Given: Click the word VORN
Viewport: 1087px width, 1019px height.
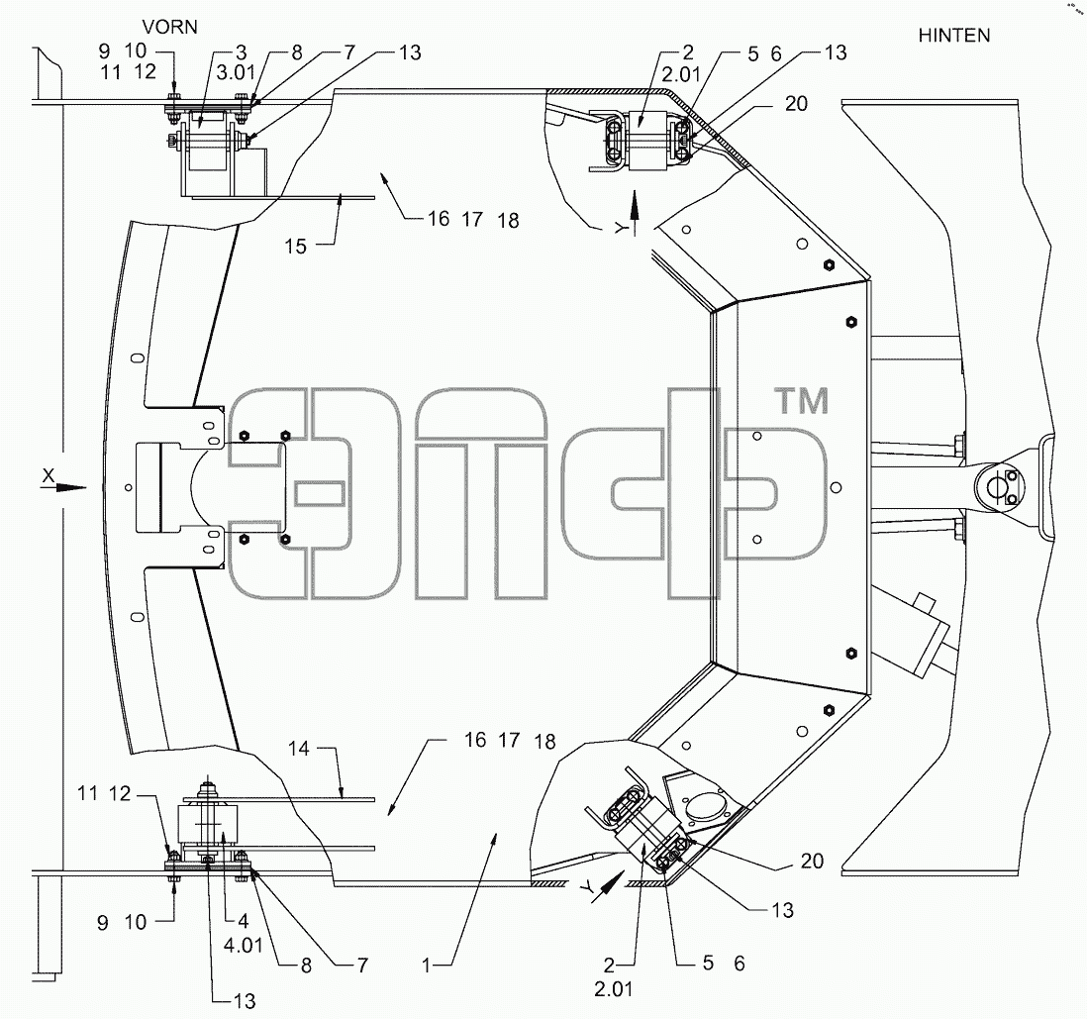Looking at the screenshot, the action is coord(170,27).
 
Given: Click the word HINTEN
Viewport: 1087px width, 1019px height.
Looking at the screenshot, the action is coord(954,36).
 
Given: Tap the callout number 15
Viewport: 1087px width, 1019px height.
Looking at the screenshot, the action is coord(295,247).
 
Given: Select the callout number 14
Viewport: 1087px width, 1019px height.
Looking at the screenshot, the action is coord(298,749).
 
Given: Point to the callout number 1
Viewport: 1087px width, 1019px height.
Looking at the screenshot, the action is coord(427,965).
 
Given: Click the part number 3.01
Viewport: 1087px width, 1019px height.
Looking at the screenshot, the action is coord(236,72).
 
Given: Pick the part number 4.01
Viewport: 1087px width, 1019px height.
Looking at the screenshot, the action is coord(244,945).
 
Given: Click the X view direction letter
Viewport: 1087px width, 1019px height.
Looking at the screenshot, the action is coord(48,476).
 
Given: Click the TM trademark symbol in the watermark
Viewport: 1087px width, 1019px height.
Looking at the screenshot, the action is coord(801,402).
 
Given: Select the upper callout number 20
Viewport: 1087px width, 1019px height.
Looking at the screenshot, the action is coord(797,103).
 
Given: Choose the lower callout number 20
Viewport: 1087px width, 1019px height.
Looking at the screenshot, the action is coord(812,861).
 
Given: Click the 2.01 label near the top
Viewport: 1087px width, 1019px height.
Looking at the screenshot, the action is coord(681,73).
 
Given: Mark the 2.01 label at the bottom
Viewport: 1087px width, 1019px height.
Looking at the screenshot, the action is coord(614,988).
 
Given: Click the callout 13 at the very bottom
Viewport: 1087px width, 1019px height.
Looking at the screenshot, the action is coord(245,1001).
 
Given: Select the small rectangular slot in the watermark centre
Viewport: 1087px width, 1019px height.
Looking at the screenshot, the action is coord(318,494).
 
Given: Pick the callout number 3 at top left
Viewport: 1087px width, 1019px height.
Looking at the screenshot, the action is coord(242,52).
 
